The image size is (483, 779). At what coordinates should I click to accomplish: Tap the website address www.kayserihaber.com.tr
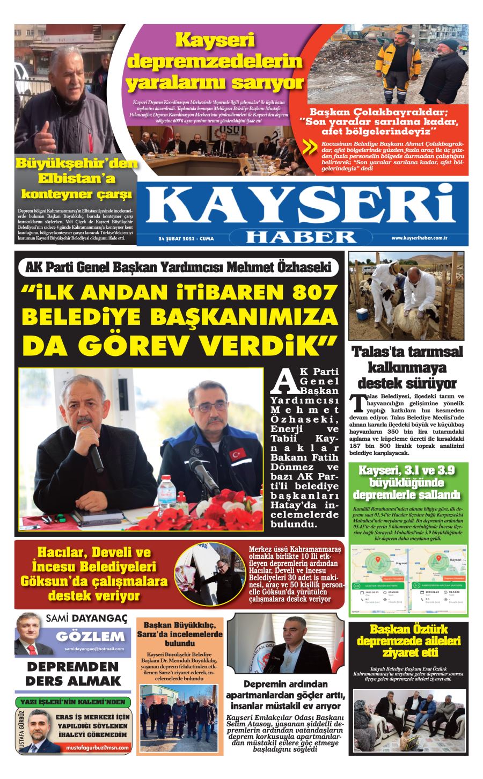(420, 238)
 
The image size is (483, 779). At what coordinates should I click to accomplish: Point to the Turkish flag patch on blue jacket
(237, 454)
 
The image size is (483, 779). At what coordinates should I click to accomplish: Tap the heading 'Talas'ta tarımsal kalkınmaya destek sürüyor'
(407, 368)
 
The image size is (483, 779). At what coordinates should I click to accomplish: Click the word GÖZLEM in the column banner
(90, 637)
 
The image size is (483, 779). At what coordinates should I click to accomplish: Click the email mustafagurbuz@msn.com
(98, 747)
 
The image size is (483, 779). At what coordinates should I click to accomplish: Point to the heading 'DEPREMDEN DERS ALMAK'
(73, 674)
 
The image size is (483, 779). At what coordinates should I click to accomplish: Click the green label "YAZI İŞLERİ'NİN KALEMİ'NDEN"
(72, 702)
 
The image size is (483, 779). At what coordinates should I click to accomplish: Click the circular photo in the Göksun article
(210, 574)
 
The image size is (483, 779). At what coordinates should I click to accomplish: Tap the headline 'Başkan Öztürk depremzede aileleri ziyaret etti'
(408, 641)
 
